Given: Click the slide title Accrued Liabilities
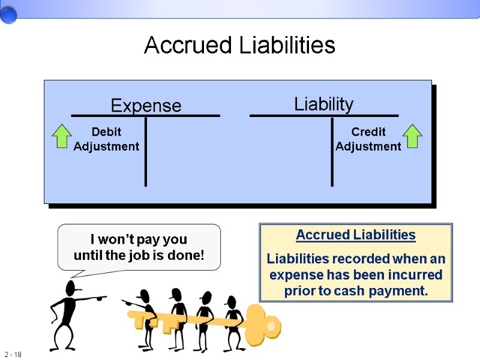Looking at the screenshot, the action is [x=239, y=46].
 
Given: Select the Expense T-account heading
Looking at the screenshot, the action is [x=146, y=106].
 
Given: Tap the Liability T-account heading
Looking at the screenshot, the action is [x=323, y=104].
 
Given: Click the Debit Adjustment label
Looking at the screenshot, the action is [x=106, y=139].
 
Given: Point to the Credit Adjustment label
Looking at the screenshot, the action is [x=368, y=139].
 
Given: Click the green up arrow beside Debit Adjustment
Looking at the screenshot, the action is [x=61, y=136].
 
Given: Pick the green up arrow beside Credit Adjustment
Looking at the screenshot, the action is [x=412, y=136].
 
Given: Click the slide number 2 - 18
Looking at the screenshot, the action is [x=13, y=355].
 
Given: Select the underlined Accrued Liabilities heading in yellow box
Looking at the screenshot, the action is [x=356, y=235].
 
